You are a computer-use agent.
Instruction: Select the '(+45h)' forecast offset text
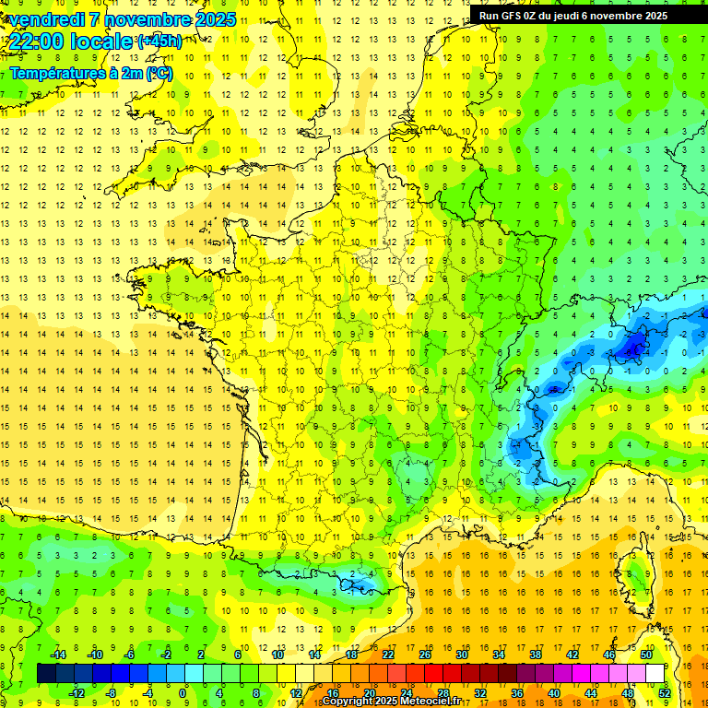coord(159,41)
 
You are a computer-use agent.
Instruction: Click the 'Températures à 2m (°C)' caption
coord(90,73)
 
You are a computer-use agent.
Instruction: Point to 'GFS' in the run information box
coord(519,16)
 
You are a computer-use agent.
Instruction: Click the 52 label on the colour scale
coord(664,692)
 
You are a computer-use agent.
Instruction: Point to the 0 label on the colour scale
coord(183,692)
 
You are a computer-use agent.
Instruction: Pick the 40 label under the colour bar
coord(553,692)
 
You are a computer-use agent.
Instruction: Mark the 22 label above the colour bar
coord(388,655)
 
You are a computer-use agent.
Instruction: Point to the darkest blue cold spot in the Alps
coord(633,347)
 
